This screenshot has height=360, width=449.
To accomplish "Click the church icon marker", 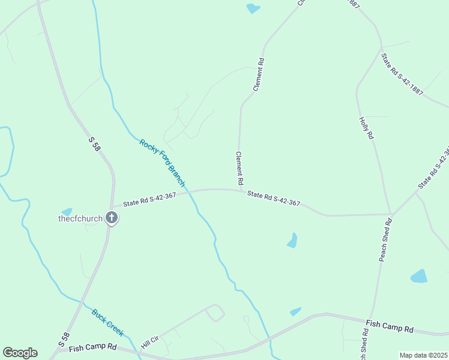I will [x=112, y=218].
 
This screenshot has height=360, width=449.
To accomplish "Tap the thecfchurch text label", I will [x=80, y=218].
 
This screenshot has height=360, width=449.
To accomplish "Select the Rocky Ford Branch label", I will [x=162, y=163].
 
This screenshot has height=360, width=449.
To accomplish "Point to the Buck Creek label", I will [x=107, y=322].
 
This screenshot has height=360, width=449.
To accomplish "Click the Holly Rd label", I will [x=366, y=128].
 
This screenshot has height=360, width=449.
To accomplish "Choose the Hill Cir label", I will [x=149, y=343].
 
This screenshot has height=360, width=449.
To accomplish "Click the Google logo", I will [x=20, y=353].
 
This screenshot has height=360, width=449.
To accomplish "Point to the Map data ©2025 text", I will [x=423, y=355].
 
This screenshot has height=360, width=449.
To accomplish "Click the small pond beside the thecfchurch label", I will [x=66, y=211].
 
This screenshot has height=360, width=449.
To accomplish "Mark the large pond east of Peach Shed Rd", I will [x=419, y=277].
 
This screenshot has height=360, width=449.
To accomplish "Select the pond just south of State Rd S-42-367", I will [x=292, y=241].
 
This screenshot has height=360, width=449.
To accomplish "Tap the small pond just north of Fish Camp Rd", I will [x=295, y=311].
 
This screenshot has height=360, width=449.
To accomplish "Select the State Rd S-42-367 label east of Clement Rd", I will [x=274, y=198].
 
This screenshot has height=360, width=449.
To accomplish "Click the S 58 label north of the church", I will [x=94, y=143].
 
